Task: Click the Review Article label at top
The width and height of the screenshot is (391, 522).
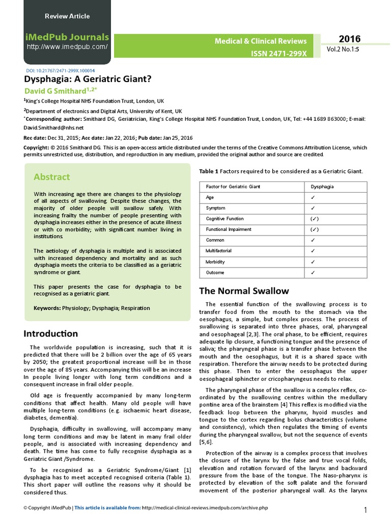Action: [x=67, y=16]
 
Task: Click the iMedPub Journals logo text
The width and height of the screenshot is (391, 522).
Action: [x=67, y=37]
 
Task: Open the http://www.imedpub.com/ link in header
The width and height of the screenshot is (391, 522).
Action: [x=67, y=47]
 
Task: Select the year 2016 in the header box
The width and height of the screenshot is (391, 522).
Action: [x=349, y=39]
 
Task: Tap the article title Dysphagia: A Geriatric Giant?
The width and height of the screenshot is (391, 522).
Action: [x=88, y=80]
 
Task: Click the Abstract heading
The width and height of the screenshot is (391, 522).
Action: [x=51, y=177]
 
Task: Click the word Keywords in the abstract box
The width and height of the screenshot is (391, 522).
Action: [x=47, y=308]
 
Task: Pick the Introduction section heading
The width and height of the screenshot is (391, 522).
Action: [x=51, y=333]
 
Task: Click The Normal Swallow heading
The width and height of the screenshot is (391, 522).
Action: [x=244, y=291]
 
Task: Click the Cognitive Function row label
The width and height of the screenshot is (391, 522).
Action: [x=225, y=219]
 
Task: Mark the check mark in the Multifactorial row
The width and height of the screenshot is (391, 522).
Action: [x=313, y=251]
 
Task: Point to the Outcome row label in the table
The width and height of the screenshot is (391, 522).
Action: [x=216, y=272]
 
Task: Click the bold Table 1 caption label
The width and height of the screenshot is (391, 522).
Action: [x=208, y=171]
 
